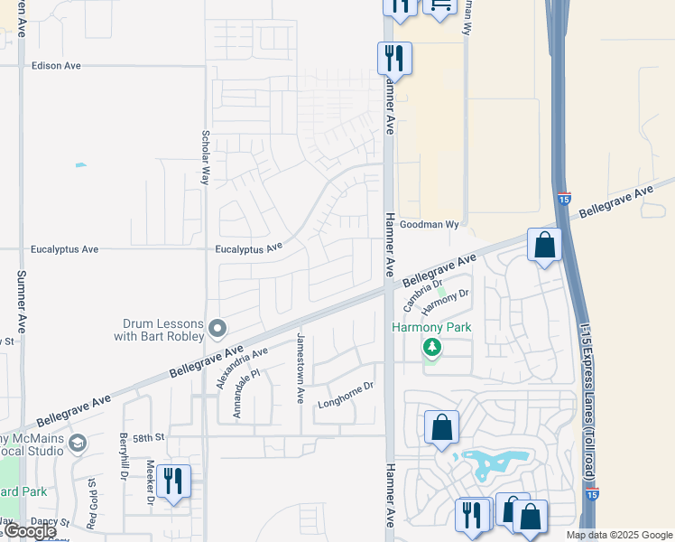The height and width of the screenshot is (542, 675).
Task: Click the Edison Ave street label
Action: pyautogui.click(x=56, y=66)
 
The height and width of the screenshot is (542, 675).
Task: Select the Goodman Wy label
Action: pyautogui.click(x=430, y=224)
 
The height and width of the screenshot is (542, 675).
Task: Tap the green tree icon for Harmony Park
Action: pyautogui.click(x=432, y=347)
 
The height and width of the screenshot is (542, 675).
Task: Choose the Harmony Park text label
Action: pyautogui.click(x=432, y=326)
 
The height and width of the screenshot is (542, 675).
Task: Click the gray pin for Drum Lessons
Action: pyautogui.click(x=217, y=327)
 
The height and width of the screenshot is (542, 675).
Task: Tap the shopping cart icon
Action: pyautogui.click(x=439, y=5)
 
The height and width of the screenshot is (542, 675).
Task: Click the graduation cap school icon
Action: pyautogui.click(x=79, y=443)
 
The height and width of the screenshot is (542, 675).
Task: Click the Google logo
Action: pyautogui.click(x=29, y=531)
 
